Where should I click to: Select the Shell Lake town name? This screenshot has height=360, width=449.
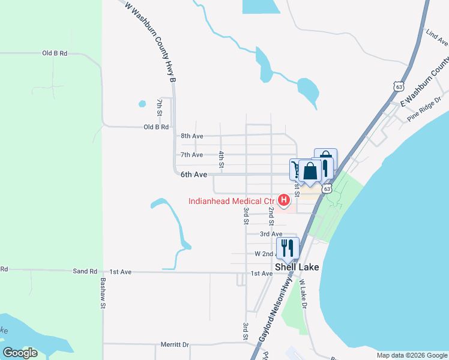(x=297, y=267)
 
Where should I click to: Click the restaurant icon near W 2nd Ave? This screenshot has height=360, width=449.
(x=288, y=248)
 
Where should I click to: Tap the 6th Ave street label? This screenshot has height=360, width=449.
(x=194, y=175)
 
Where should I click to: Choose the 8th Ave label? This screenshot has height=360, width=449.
(x=192, y=136)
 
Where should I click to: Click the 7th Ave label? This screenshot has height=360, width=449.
(x=192, y=155)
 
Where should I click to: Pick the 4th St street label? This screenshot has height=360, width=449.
(x=221, y=159)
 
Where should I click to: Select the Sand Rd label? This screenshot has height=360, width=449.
(x=85, y=271)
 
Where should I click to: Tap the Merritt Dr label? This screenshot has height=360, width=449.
(x=175, y=345)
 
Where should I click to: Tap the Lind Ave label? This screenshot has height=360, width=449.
(x=437, y=37)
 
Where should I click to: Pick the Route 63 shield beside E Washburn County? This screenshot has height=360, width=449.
(x=399, y=86)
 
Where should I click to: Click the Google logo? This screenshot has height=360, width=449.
(x=20, y=353)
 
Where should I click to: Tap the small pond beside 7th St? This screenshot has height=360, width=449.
(x=142, y=103)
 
